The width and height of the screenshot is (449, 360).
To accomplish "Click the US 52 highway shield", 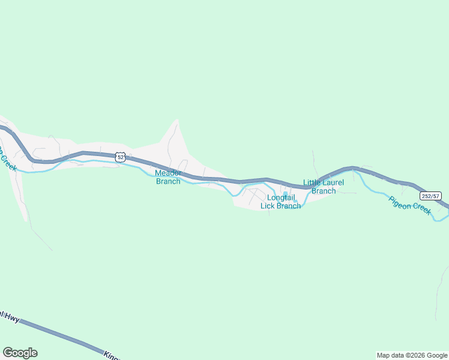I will click(121, 157).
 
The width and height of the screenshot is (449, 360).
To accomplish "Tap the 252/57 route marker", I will click(430, 196).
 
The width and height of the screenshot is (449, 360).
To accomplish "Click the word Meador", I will click(168, 173).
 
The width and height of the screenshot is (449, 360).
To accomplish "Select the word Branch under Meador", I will click(168, 181).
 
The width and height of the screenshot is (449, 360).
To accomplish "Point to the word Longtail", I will click(280, 198).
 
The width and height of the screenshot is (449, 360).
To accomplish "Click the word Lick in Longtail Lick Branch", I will click(268, 206).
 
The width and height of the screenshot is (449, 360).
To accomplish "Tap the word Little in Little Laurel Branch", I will click(313, 183).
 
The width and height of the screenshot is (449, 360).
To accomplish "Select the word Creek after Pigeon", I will click(422, 210).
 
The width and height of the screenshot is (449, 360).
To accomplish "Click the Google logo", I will click(20, 353).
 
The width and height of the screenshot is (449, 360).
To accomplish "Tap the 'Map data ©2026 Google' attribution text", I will click(412, 356).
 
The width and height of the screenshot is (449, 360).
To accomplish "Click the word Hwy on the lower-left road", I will click(12, 317).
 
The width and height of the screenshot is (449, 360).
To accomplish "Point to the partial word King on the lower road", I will click(112, 355).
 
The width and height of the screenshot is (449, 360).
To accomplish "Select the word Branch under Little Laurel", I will click(324, 191).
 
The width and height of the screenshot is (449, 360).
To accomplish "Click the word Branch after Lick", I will click(289, 206).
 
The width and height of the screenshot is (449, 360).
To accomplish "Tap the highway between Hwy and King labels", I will click(60, 335).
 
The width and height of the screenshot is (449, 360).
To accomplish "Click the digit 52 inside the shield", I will click(121, 157).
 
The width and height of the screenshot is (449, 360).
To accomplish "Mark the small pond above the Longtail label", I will click(285, 193).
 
